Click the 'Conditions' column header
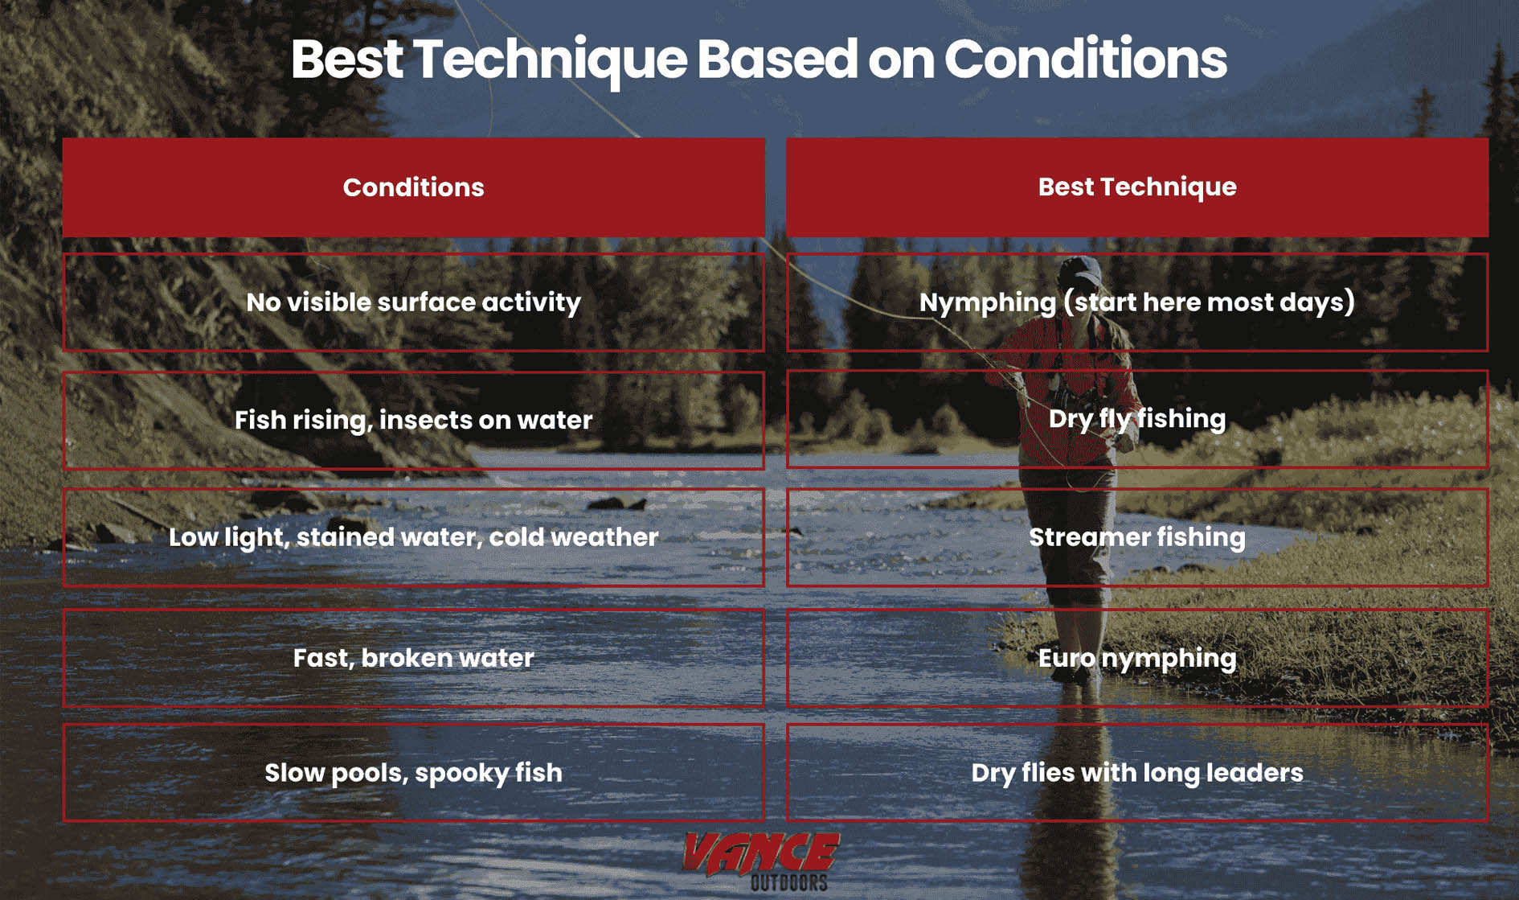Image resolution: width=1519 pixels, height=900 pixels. tap(413, 187)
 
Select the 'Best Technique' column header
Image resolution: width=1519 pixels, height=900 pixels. tap(1136, 187)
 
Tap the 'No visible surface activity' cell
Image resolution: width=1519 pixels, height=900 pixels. tap(413, 302)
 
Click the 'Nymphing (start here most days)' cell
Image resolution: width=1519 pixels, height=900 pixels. tap(1136, 302)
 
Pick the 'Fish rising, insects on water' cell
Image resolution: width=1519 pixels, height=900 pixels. tap(413, 420)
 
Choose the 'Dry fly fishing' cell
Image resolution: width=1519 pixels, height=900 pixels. tap(1136, 419)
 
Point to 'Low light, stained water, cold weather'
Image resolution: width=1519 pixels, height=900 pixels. tap(413, 537)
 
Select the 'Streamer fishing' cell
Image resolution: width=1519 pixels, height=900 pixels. tap(1136, 537)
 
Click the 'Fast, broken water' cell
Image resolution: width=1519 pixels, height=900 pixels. tap(413, 658)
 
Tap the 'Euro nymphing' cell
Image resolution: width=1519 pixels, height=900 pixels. tap(1136, 658)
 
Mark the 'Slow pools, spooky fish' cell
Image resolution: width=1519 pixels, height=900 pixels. tap(413, 773)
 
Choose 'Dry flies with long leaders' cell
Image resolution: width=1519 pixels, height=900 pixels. tap(1136, 773)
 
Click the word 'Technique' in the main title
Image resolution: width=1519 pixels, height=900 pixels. tap(550, 60)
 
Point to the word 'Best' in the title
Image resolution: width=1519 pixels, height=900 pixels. tap(346, 60)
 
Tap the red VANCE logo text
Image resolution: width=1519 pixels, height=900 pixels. tap(760, 853)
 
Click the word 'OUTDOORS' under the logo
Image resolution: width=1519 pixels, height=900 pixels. tap(788, 882)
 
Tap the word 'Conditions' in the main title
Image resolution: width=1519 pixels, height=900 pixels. tap(1085, 60)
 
